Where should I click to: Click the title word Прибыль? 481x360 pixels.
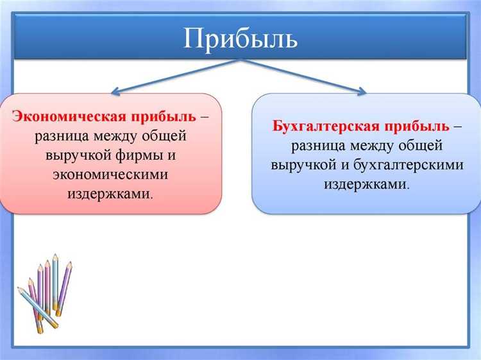click(x=240, y=39)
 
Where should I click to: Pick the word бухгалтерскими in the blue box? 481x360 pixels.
click(x=417, y=164)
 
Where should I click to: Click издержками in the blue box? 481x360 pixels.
click(x=366, y=184)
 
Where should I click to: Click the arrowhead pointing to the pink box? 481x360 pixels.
click(x=117, y=91)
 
